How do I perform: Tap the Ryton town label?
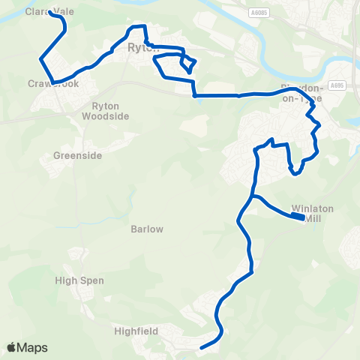(139, 47)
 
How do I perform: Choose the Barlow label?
(146, 229)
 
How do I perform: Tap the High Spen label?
(79, 280)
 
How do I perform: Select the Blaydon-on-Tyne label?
(301, 93)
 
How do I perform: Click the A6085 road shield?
(259, 13)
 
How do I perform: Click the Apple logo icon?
(12, 347)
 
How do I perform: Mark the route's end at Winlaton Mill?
(302, 217)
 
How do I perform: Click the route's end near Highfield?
(201, 347)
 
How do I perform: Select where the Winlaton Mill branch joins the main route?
(253, 196)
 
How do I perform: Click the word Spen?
(93, 280)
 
